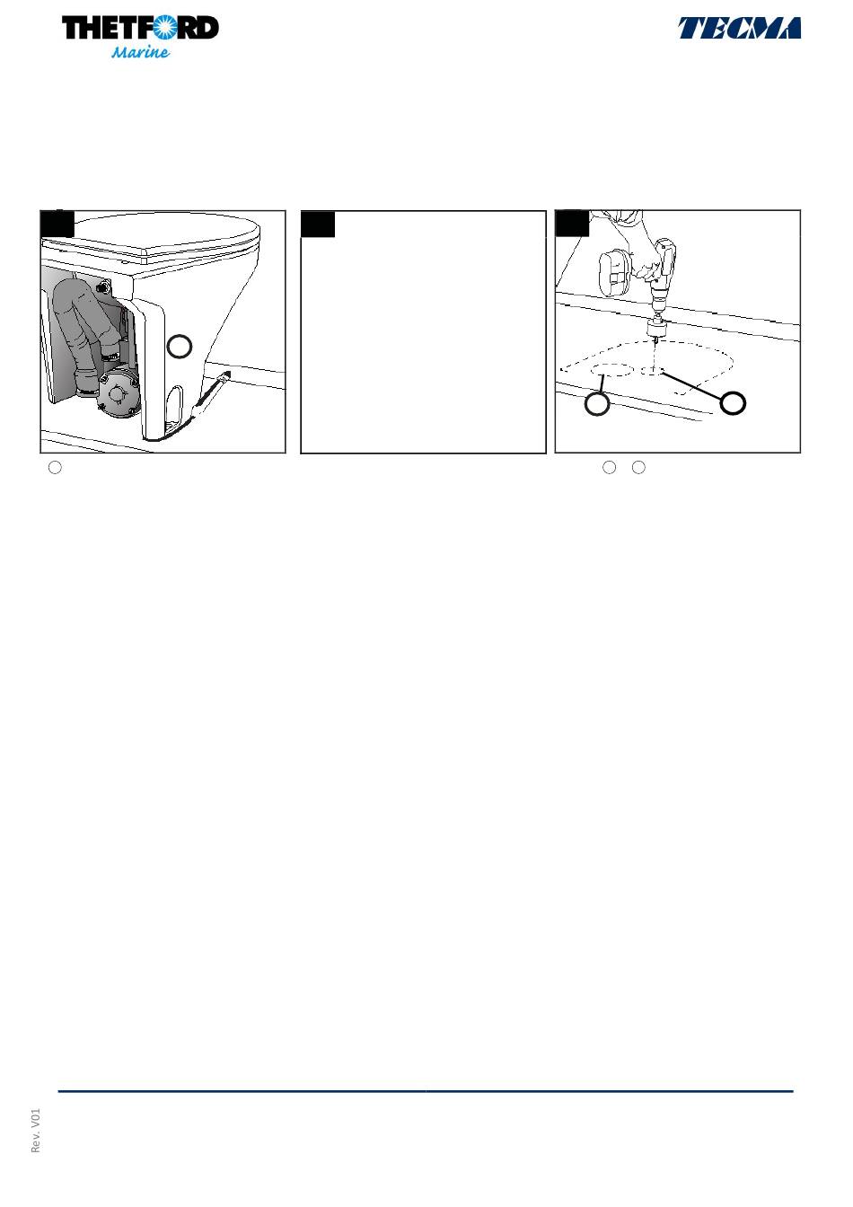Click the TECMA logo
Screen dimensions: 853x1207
(739, 28)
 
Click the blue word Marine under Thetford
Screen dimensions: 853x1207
(140, 52)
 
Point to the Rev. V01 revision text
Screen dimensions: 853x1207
(36, 1130)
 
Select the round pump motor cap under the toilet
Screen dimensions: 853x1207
(118, 394)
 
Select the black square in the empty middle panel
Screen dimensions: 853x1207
(317, 225)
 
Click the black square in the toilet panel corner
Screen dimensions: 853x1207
(57, 224)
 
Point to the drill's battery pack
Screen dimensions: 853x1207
(614, 274)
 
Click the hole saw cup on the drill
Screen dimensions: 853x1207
(657, 328)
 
